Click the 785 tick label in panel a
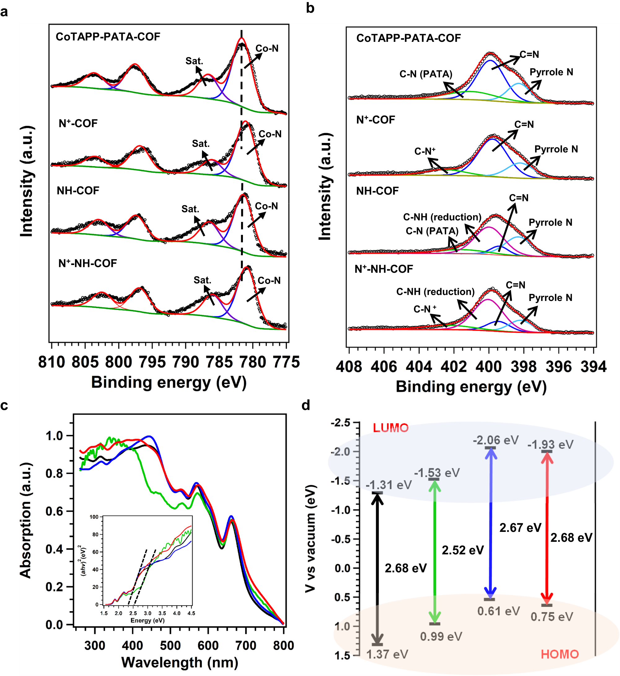[x=219, y=362]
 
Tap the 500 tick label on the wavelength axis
[x=170, y=645]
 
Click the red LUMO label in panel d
[x=390, y=428]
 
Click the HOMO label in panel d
[x=560, y=654]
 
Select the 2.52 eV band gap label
[x=463, y=550]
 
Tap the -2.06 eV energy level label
[x=495, y=440]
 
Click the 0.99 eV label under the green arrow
[x=441, y=636]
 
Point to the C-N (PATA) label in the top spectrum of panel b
[x=425, y=74]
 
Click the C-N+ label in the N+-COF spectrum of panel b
[x=425, y=151]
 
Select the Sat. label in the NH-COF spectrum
[x=190, y=209]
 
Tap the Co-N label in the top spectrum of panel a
[x=267, y=48]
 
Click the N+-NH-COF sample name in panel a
[x=88, y=263]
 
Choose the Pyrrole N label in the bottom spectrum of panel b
[x=550, y=298]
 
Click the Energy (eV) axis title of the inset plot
[x=147, y=620]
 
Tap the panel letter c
[x=4, y=405]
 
